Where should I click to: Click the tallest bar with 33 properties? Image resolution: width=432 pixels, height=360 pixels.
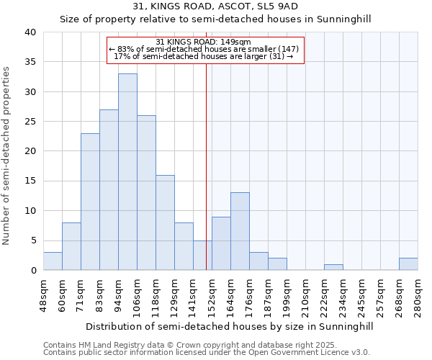(x=127, y=172)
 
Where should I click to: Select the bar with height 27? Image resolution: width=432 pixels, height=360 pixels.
(x=109, y=190)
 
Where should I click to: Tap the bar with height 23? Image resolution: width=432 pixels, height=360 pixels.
(x=90, y=202)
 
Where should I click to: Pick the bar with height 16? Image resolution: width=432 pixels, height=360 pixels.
(x=165, y=222)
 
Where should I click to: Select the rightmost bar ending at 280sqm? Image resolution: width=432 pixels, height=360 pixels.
(x=408, y=264)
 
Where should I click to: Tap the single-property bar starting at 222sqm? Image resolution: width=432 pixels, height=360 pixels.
(x=333, y=267)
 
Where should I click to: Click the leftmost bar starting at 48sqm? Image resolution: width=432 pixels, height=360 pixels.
(x=53, y=261)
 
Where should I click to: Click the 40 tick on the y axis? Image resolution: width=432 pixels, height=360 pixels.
(x=30, y=32)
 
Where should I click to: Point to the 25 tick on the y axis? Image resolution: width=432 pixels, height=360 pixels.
(x=30, y=122)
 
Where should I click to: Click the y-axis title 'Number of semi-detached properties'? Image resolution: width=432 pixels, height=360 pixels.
(x=6, y=156)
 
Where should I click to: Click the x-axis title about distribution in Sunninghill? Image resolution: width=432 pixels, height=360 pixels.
(x=230, y=326)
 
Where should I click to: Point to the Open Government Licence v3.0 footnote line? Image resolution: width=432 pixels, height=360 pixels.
(x=207, y=353)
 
